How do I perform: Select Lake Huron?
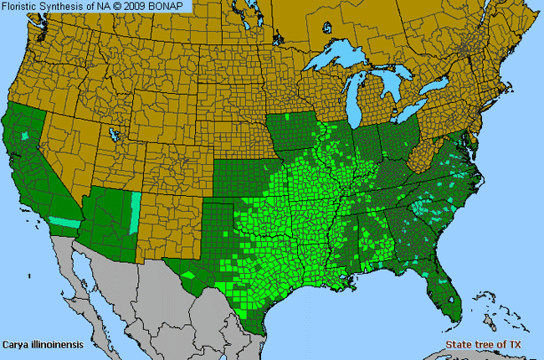pos(397,87)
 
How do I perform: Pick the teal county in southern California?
pos(64,222)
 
